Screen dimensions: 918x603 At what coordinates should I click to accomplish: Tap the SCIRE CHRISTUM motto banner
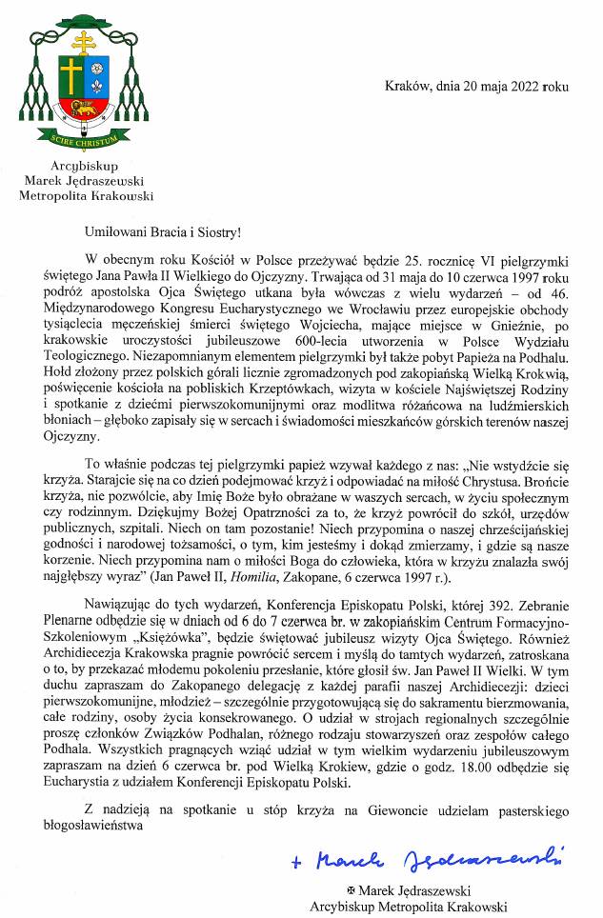[84, 139]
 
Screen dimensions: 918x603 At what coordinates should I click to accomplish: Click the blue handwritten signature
[425, 858]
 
